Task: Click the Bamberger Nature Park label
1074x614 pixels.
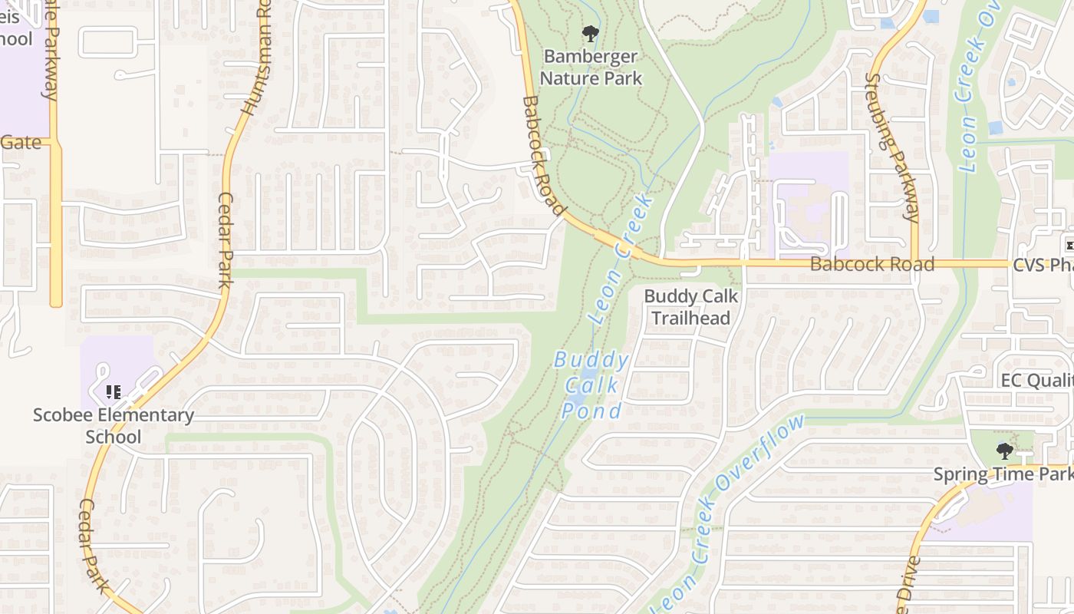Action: (x=591, y=68)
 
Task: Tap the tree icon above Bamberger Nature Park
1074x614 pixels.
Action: (x=590, y=33)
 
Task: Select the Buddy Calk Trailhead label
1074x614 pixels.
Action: (x=690, y=307)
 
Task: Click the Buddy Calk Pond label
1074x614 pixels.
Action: (x=591, y=385)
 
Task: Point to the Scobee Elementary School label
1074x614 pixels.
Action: (x=114, y=426)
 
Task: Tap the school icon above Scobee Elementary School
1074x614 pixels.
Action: (x=114, y=392)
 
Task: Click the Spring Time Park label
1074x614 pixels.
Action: (x=1002, y=474)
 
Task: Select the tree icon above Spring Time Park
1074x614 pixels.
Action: (x=1004, y=451)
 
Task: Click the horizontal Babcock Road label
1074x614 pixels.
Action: (x=872, y=265)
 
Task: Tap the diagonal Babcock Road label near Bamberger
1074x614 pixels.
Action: (x=543, y=156)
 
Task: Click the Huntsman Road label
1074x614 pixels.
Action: (x=255, y=58)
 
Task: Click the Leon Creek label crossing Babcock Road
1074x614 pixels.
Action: (x=622, y=257)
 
